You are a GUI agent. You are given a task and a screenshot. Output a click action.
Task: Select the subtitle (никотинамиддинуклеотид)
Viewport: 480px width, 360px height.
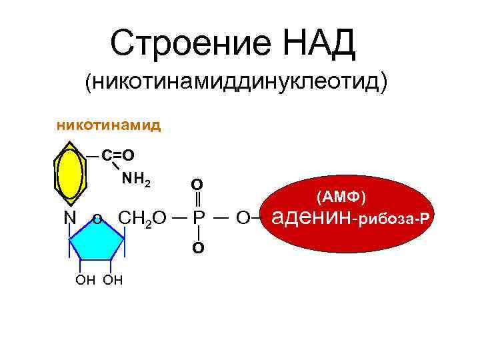(235, 83)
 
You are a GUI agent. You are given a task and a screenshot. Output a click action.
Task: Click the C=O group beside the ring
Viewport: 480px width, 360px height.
(118, 155)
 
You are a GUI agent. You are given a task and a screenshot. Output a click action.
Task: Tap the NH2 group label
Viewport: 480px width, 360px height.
(139, 179)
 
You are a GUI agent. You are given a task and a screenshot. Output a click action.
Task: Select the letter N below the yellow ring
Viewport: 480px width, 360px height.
(69, 219)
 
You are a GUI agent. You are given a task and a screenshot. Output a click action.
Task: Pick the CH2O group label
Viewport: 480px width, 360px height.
(142, 219)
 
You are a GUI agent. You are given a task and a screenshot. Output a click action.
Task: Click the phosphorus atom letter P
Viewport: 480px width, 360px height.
(198, 219)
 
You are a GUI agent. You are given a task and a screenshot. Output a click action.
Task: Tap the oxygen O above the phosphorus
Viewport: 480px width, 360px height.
(197, 184)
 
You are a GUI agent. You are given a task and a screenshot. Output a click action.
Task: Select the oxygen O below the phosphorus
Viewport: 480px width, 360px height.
(198, 248)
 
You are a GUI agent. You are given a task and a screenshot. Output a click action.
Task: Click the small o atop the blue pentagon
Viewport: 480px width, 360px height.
(97, 219)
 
